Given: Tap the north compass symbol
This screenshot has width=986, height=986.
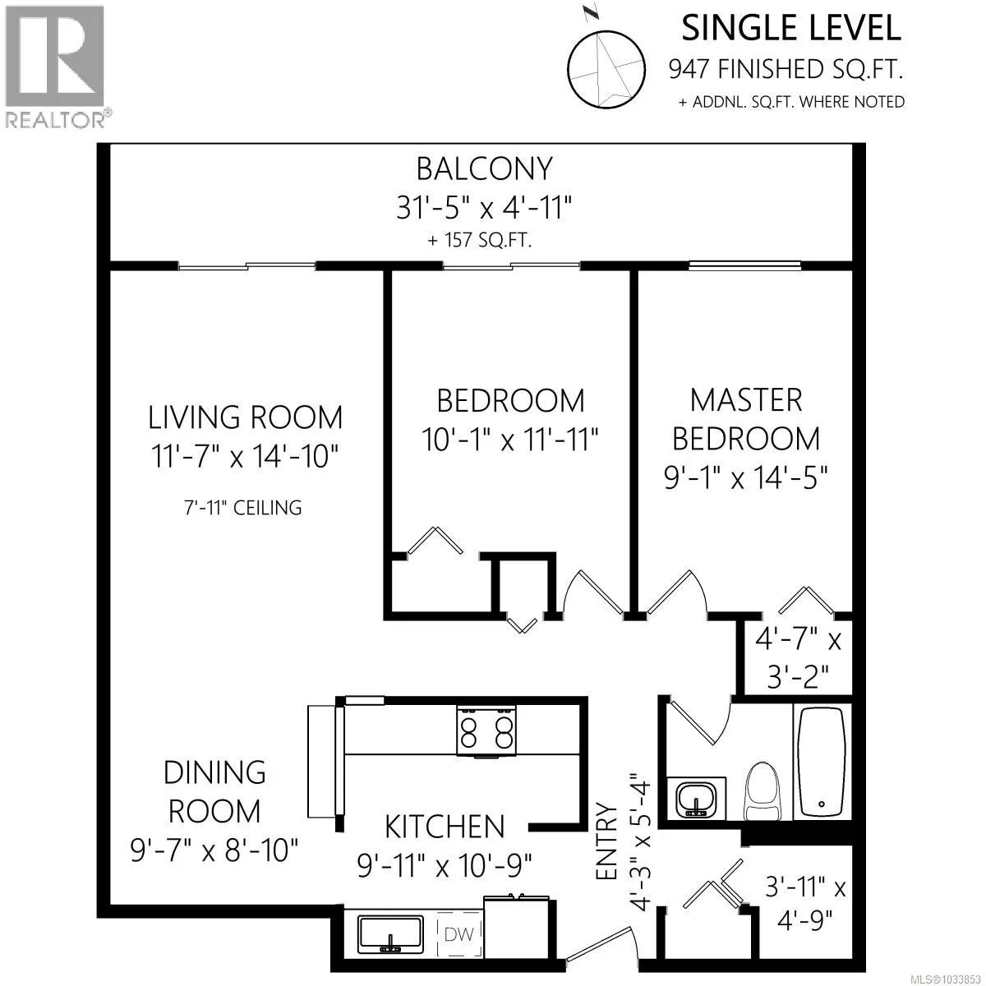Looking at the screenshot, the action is pyautogui.click(x=606, y=67).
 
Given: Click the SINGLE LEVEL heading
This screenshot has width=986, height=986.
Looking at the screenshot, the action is pyautogui.click(x=791, y=28).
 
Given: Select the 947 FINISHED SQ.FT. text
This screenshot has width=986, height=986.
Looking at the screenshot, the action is pyautogui.click(x=786, y=70).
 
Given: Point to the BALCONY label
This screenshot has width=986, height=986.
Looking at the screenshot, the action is pyautogui.click(x=485, y=169).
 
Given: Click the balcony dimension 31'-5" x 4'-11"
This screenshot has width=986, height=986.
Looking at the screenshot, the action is pyautogui.click(x=484, y=209).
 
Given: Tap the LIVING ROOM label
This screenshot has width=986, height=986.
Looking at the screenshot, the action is pyautogui.click(x=245, y=417).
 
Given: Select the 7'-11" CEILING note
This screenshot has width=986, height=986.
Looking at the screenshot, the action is pyautogui.click(x=243, y=508).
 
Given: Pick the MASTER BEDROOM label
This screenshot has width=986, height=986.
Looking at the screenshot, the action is pyautogui.click(x=746, y=419).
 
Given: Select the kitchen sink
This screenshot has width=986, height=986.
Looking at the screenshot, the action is pyautogui.click(x=390, y=934).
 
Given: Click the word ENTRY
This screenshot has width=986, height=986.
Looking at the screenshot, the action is pyautogui.click(x=607, y=841).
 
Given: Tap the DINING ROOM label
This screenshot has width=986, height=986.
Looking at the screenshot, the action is pyautogui.click(x=214, y=791).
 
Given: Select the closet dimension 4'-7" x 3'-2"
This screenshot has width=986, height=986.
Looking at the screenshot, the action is pyautogui.click(x=798, y=658).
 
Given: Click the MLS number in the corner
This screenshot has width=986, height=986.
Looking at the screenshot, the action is pyautogui.click(x=951, y=978).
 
